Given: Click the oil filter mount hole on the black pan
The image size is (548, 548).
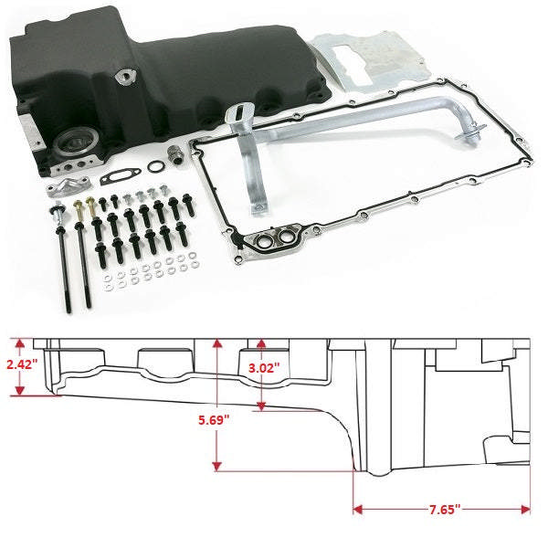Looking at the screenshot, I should point(72,143).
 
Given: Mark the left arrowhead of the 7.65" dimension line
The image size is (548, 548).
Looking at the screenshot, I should point(358,508).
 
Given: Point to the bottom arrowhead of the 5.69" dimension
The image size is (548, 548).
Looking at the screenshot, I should point(216,467).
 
